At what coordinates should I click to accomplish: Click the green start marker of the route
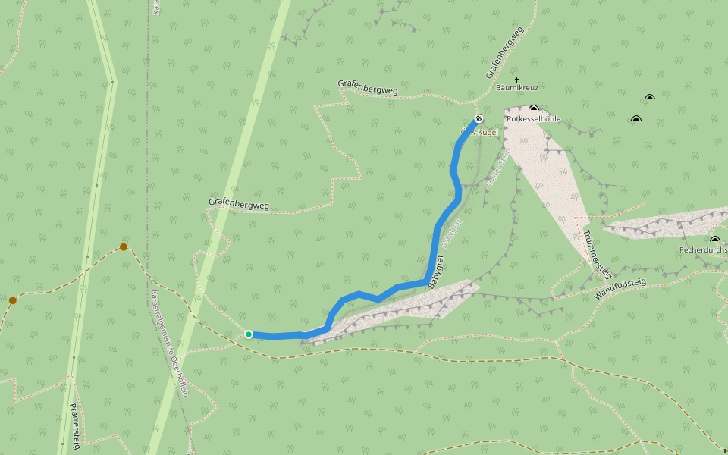[x=249, y=334]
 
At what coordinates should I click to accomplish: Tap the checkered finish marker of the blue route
[x=479, y=118]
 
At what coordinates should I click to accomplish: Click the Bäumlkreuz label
[x=516, y=88]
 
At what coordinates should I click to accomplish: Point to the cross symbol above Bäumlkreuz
[x=516, y=79]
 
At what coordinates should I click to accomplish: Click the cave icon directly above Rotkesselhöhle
[x=534, y=109]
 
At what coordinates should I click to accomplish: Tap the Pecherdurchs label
[x=703, y=249]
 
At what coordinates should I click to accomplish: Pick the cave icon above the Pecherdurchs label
[x=714, y=240]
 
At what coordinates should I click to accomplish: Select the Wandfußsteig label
[x=620, y=290]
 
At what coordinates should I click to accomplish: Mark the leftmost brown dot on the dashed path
[x=13, y=300]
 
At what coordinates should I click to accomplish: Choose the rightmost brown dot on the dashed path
[x=124, y=246]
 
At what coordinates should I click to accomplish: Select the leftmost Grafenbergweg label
[x=238, y=204]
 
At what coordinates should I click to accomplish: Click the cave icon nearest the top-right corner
[x=650, y=97]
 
